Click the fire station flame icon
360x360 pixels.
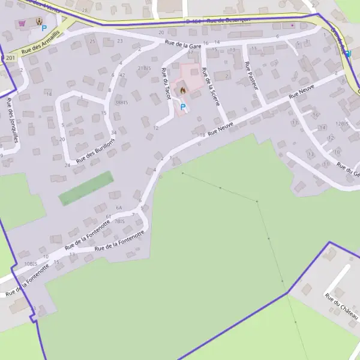182,91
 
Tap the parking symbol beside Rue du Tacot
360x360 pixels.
183,107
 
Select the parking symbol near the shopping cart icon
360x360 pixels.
44,28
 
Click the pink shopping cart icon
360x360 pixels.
23,23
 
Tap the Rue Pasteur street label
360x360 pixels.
252,76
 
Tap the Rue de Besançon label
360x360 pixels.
228,20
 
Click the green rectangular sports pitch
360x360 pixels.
86,188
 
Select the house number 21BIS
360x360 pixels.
144,68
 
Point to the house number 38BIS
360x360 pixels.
122,103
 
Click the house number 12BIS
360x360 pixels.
343,124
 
